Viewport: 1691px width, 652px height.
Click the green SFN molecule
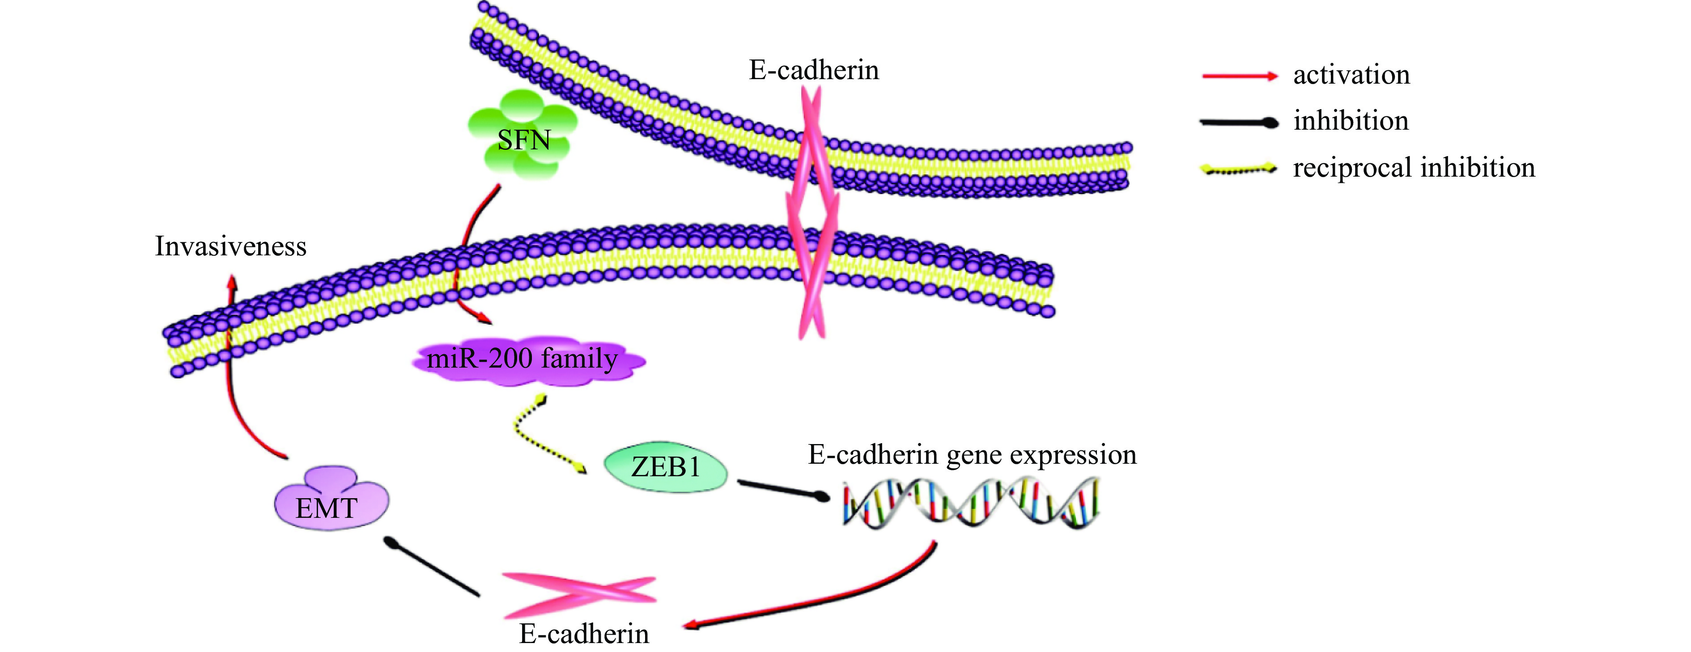click(x=523, y=135)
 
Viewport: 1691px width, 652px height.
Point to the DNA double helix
click(x=970, y=503)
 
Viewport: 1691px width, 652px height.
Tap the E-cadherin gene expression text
click(x=972, y=454)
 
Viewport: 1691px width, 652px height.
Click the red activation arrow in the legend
click(x=1239, y=76)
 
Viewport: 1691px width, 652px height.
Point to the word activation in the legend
click(x=1351, y=75)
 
